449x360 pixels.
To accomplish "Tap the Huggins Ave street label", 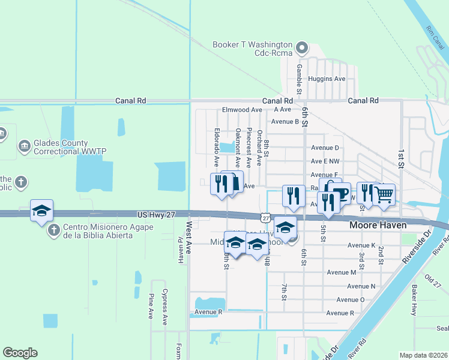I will click(327, 79).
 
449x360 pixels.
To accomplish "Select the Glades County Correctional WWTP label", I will click(61, 148).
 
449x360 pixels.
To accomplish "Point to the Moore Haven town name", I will click(378, 225).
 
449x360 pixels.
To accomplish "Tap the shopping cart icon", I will click(384, 194).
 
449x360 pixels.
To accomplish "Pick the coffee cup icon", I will click(340, 194).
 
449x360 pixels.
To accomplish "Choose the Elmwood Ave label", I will click(242, 110).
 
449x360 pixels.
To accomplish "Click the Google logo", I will click(20, 353).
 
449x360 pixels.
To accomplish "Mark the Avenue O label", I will click(350, 299).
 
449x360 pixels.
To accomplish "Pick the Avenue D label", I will click(325, 148).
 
